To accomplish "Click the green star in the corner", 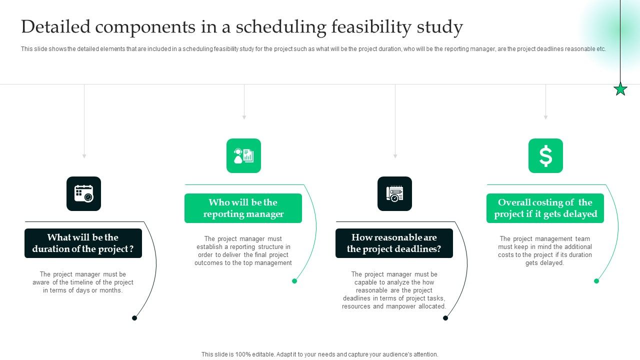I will [620, 89].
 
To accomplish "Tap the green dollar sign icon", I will [545, 156].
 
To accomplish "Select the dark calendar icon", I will [83, 193].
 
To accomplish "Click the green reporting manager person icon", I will [243, 156].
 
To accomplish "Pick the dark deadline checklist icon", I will [394, 193].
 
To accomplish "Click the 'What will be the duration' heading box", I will [83, 243].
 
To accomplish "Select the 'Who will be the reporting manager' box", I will [243, 208].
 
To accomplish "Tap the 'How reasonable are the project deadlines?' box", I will [394, 243].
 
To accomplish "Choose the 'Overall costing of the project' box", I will [545, 208].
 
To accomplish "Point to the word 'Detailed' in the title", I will [55, 27].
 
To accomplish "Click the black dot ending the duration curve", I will [134, 318].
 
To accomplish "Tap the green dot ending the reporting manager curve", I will [294, 281].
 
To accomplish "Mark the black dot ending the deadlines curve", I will [445, 318].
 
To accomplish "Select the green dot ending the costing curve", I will [596, 281].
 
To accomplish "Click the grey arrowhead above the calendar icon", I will [84, 156].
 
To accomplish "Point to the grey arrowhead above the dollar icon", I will [545, 117].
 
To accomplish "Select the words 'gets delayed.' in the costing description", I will [544, 263].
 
